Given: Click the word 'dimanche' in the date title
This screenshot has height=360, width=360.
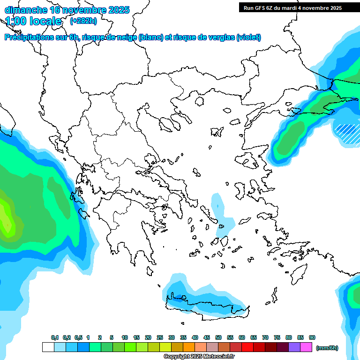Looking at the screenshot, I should pyautogui.click(x=25, y=10).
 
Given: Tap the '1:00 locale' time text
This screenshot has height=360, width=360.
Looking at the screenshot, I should pyautogui.click(x=33, y=21).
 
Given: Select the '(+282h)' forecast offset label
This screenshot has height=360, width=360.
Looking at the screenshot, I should pyautogui.click(x=83, y=21).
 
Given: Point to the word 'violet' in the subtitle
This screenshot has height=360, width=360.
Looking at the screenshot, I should pyautogui.click(x=248, y=37).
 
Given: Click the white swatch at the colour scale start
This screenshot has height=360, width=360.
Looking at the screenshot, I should pyautogui.click(x=48, y=347).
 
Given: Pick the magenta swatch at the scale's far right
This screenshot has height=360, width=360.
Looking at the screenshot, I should pyautogui.click(x=306, y=347).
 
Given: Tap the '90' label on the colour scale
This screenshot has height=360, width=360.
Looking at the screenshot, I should pyautogui.click(x=312, y=337).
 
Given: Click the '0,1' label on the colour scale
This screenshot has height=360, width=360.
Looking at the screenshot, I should pyautogui.click(x=55, y=337).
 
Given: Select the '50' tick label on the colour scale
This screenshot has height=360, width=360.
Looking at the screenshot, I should pyautogui.click(x=218, y=337).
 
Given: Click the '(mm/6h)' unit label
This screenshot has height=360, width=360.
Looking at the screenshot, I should pyautogui.click(x=327, y=347).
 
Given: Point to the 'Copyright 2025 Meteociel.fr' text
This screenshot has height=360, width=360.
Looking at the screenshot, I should pyautogui.click(x=199, y=357).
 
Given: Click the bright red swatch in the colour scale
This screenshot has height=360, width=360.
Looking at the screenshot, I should pyautogui.click(x=247, y=347).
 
